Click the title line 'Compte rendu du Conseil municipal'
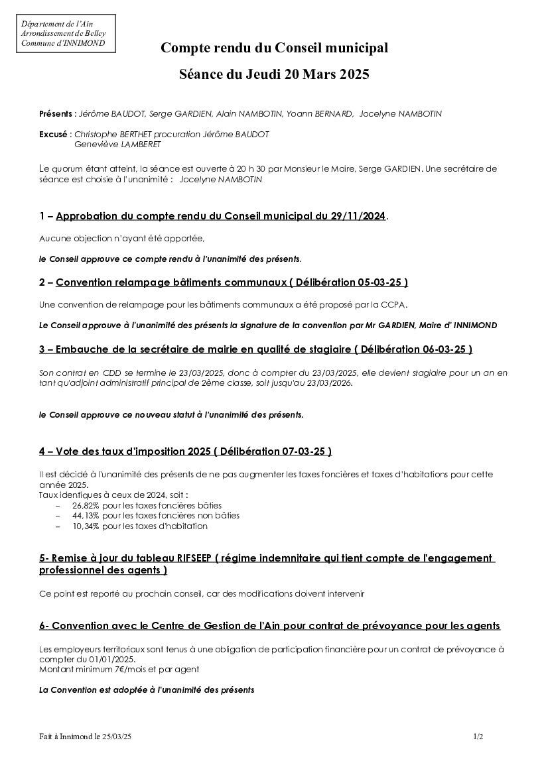coord(274,48)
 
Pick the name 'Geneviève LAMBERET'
coord(117,144)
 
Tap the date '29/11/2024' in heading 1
coord(358,216)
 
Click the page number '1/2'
coord(478,737)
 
